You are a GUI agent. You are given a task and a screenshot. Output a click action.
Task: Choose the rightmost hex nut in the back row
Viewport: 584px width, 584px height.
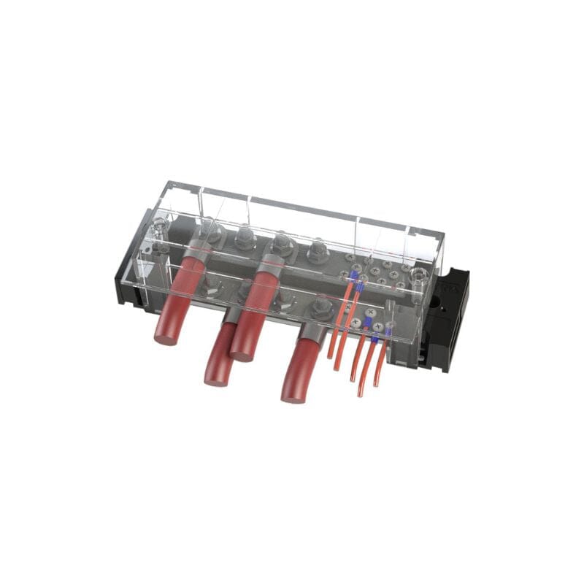click(318, 252)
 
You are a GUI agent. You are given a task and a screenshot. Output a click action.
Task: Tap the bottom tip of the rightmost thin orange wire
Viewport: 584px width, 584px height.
click(377, 385)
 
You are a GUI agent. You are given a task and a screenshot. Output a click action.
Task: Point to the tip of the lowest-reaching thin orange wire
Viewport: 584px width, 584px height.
click(361, 395)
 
